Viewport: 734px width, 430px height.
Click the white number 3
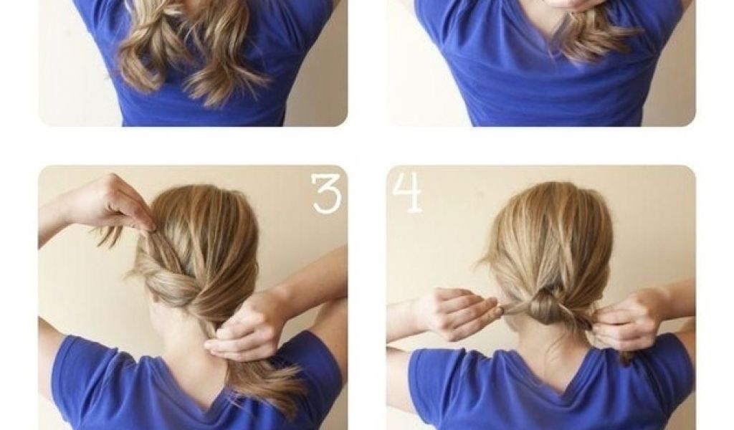(x=327, y=194)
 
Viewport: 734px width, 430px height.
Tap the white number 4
(x=407, y=193)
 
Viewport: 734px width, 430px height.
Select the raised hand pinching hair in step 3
(x=123, y=203)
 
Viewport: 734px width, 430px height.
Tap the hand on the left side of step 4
(x=458, y=308)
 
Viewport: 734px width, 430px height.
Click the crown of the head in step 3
(x=206, y=206)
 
